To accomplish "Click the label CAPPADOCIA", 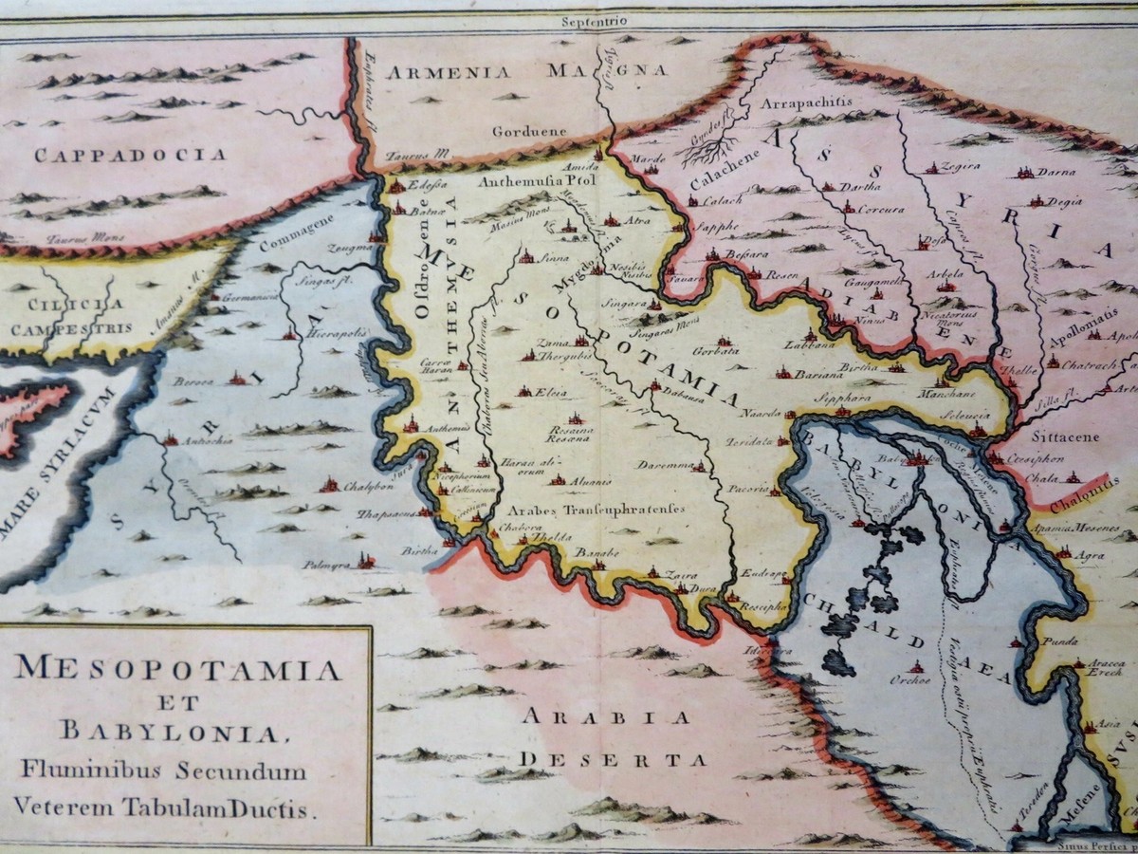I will tap(118, 155).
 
